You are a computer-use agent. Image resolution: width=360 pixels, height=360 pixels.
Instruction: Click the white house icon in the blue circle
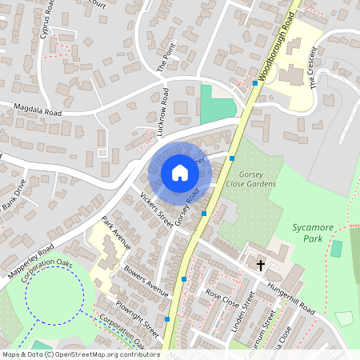pos(179,173)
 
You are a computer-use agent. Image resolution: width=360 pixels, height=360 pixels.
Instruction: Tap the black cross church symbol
pos(260,265)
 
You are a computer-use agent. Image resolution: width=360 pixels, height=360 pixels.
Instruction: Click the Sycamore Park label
pos(313,232)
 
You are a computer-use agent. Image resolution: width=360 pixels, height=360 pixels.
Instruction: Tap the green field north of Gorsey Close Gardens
pos(217,104)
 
